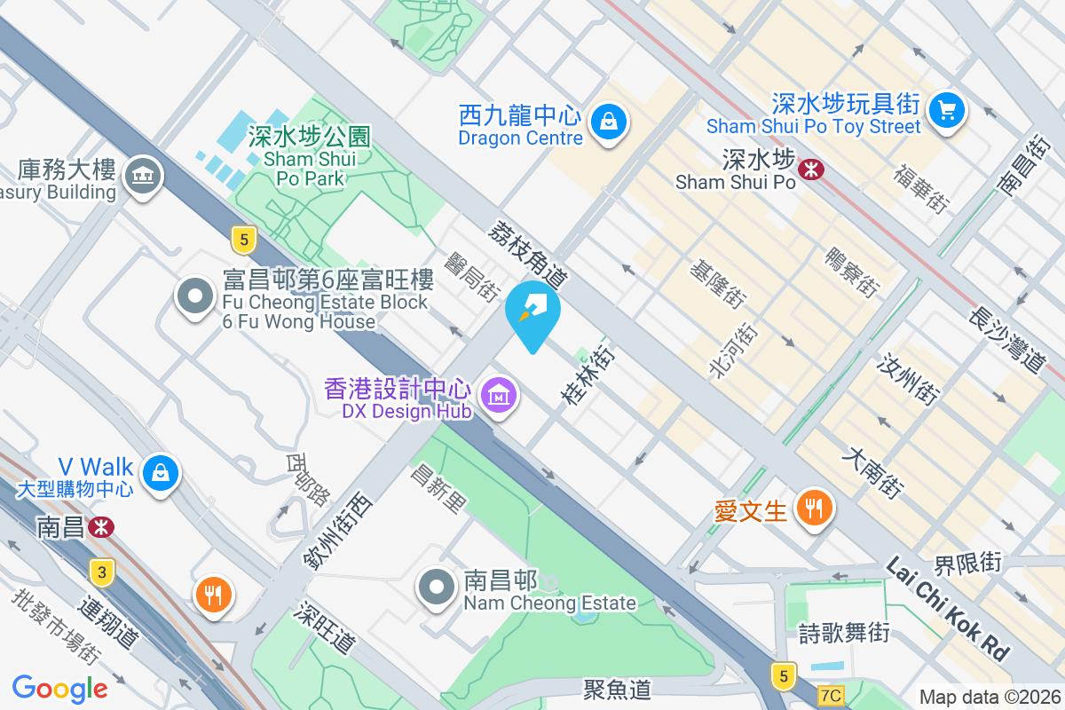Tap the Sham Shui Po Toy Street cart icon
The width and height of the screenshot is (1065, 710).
coord(947,110)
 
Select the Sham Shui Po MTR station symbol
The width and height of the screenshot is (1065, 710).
coord(811,169)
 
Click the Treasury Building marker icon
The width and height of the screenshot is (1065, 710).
coord(142,175)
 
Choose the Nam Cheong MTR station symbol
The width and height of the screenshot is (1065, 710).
coord(101,527)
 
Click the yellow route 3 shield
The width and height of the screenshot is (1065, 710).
coord(103,572)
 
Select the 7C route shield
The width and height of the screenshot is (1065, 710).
coord(831,696)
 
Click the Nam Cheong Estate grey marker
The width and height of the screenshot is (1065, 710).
coord(437,587)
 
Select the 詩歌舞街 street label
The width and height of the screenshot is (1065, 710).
coord(844,634)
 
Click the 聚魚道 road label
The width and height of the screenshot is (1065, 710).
coord(617,688)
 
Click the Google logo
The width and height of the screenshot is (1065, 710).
coord(60,689)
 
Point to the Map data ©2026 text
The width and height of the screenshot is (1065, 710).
coord(990,697)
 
